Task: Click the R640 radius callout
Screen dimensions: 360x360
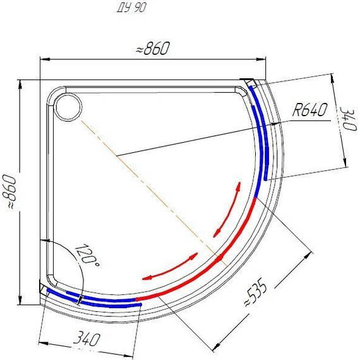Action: click(x=309, y=111)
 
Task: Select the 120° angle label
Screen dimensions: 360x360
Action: click(x=87, y=255)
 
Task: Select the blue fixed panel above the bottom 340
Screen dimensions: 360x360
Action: click(x=95, y=299)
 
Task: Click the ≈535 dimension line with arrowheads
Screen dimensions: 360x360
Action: click(x=265, y=301)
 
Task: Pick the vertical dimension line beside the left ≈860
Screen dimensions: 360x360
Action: click(x=20, y=189)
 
